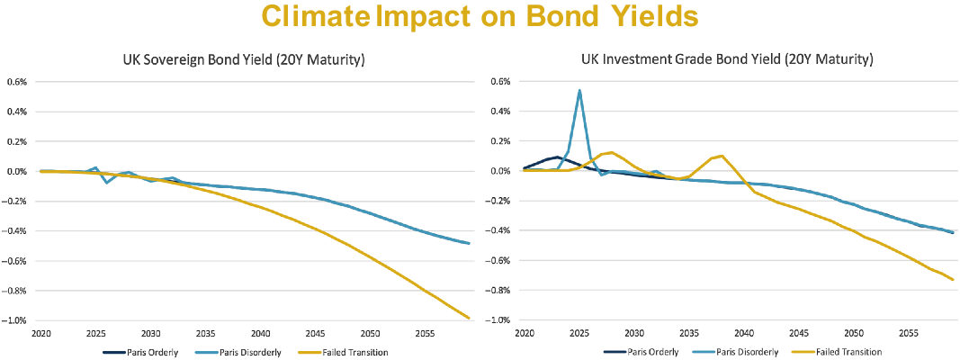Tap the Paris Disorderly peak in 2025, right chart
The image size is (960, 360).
click(579, 90)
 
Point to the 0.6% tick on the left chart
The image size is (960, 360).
click(19, 82)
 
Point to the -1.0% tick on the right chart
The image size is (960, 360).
click(500, 321)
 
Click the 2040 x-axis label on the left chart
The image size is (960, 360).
click(261, 333)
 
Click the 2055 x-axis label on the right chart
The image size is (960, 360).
click(910, 333)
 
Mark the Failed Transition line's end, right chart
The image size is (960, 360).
click(953, 279)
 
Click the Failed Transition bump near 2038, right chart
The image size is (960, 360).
click(722, 156)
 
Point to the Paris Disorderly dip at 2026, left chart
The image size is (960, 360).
click(107, 183)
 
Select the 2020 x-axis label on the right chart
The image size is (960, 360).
click(525, 333)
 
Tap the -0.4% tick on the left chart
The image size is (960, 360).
click(19, 231)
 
